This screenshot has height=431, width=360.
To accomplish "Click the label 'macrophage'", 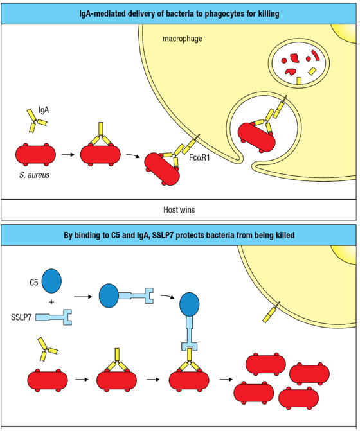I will coord(182,39).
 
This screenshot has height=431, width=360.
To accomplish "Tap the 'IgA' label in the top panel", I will coord(44,110).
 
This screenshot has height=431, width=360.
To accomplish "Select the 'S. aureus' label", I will coord(35,175).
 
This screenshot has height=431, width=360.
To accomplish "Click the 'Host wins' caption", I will coord(179,209).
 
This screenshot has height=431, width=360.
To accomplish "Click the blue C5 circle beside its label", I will coord(52,281).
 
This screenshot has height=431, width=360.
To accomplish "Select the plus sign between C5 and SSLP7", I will coord(51,301).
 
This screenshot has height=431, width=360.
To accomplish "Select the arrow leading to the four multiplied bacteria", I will coord(226,378).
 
